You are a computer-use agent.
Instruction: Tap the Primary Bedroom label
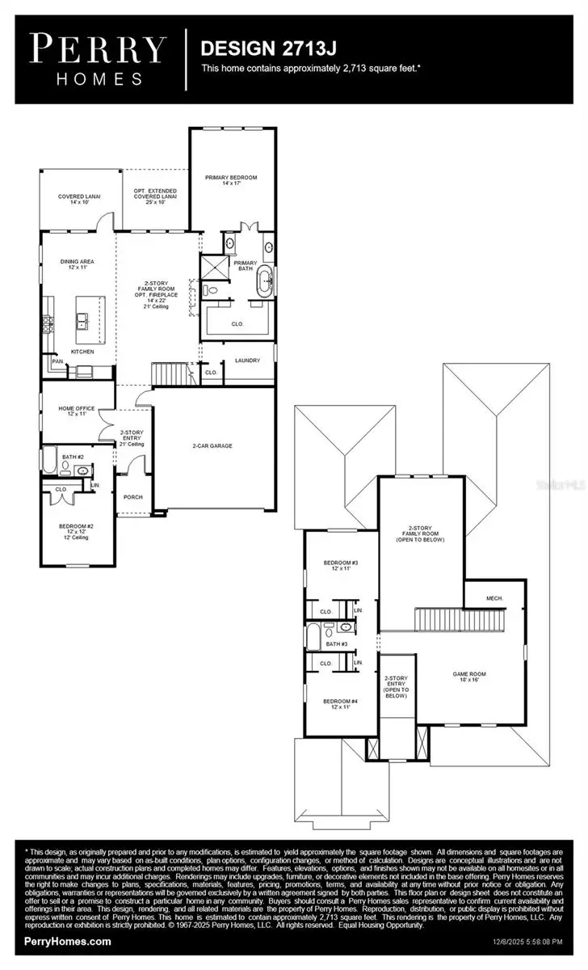point(231,180)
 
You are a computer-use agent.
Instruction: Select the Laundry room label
point(247,360)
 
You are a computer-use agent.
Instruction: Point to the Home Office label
point(77,411)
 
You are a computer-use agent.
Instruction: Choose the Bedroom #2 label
point(78,529)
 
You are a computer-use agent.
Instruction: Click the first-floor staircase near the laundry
point(170,374)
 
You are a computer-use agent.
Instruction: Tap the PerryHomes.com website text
point(69,941)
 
